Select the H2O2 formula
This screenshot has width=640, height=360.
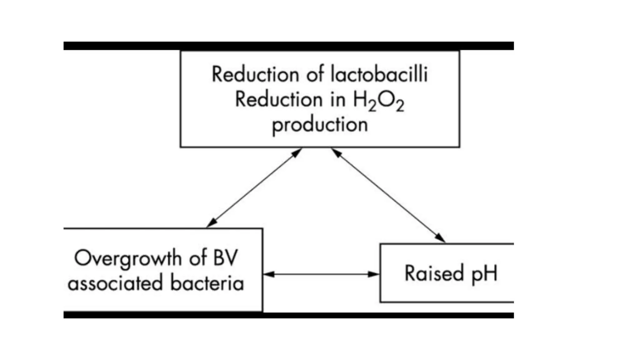click(x=378, y=101)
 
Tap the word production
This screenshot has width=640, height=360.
click(x=320, y=125)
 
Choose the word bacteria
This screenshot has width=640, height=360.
click(x=207, y=283)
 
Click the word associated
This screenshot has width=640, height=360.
click(x=115, y=283)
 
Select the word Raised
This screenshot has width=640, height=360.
click(x=434, y=273)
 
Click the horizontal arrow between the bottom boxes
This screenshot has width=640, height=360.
click(x=321, y=274)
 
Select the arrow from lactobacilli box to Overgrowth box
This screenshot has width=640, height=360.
click(x=254, y=188)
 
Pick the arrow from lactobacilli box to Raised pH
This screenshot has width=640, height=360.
click(x=388, y=195)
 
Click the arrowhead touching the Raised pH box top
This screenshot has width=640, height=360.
click(x=441, y=238)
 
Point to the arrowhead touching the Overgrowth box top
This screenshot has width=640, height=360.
click(x=211, y=223)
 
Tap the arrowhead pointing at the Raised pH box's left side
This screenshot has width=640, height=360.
click(x=374, y=274)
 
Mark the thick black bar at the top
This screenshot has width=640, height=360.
click(x=288, y=46)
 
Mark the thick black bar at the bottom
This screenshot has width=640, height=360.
click(x=288, y=315)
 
